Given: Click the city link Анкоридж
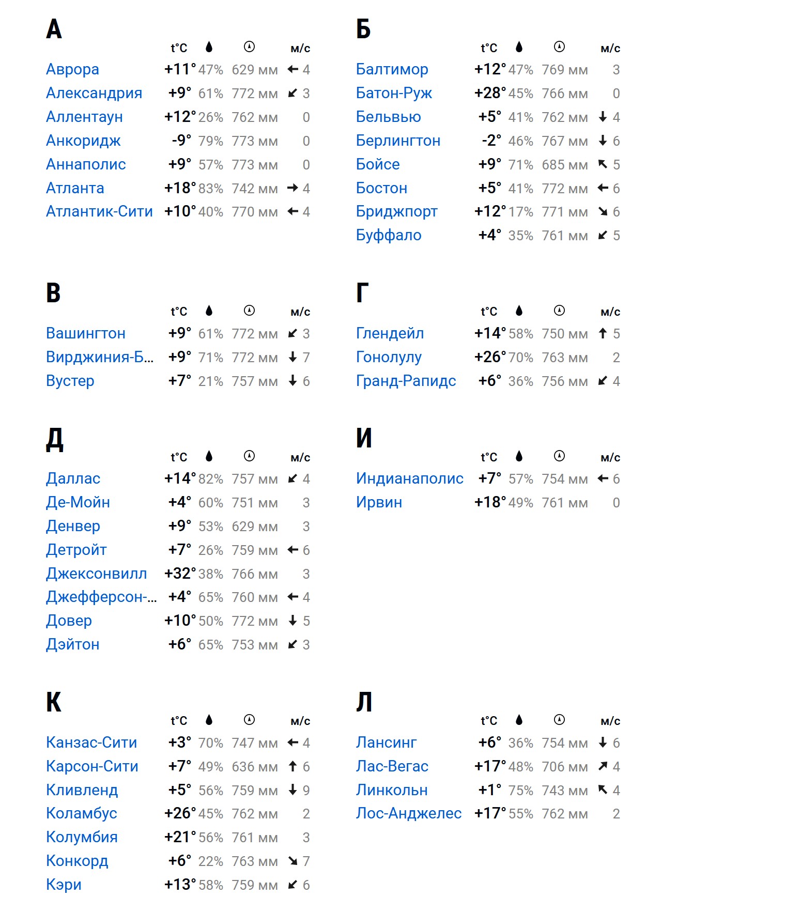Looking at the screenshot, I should pyautogui.click(x=83, y=141).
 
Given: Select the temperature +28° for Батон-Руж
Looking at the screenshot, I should pyautogui.click(x=490, y=93).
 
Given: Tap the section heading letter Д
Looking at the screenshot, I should pyautogui.click(x=54, y=439).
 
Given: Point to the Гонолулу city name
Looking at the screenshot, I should pyautogui.click(x=389, y=357).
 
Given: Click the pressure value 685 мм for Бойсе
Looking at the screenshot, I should pyautogui.click(x=565, y=165).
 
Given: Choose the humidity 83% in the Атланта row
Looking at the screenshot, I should pyautogui.click(x=211, y=189).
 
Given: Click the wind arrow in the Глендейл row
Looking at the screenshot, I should pyautogui.click(x=603, y=333).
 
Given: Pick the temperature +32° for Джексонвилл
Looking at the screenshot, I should pyautogui.click(x=180, y=574).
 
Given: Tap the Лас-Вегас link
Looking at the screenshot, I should pyautogui.click(x=392, y=766).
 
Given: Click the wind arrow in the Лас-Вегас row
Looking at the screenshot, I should pyautogui.click(x=603, y=766).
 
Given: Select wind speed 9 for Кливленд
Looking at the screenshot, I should pyautogui.click(x=306, y=790).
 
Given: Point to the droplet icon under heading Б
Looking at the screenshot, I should pyautogui.click(x=519, y=47).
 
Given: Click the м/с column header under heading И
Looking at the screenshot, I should pyautogui.click(x=610, y=457).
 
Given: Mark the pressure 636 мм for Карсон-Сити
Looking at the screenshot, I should pyautogui.click(x=255, y=767).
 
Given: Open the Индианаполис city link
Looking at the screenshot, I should pyautogui.click(x=410, y=478).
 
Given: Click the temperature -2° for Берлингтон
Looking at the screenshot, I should pyautogui.click(x=491, y=141).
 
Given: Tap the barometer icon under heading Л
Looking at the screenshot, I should pyautogui.click(x=559, y=720).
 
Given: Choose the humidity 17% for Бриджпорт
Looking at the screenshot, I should pyautogui.click(x=521, y=212).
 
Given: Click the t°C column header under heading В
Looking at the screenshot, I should pyautogui.click(x=179, y=312).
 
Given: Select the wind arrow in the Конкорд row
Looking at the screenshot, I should pyautogui.click(x=293, y=861).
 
